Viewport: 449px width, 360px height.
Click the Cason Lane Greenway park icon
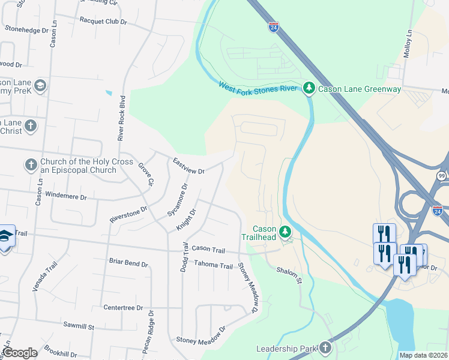coord(309,89)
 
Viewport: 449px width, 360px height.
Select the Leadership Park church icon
coord(325,348)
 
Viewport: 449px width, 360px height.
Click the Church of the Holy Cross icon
coord(31,164)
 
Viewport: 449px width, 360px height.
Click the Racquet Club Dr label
coord(103,20)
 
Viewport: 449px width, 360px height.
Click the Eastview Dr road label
coord(188,166)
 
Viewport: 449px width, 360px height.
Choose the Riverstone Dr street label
coord(128,215)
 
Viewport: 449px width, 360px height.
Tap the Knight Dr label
coord(186,220)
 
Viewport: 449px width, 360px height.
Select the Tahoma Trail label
coord(213,265)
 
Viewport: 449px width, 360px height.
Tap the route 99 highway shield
coord(442,175)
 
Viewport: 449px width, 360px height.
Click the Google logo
coord(19,353)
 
